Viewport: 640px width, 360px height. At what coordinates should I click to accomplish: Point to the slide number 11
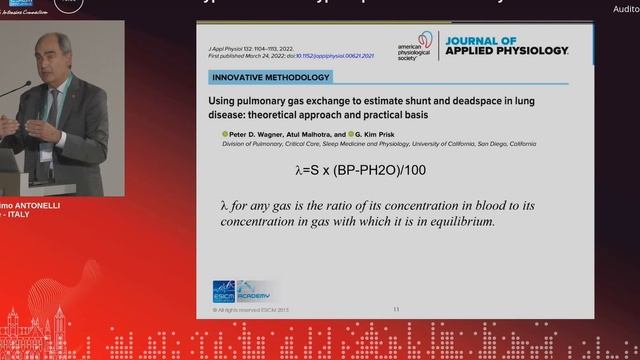(x=396, y=310)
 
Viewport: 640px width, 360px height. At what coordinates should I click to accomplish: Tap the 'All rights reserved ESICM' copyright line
(x=247, y=310)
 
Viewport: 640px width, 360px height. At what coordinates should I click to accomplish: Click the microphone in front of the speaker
(x=10, y=94)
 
